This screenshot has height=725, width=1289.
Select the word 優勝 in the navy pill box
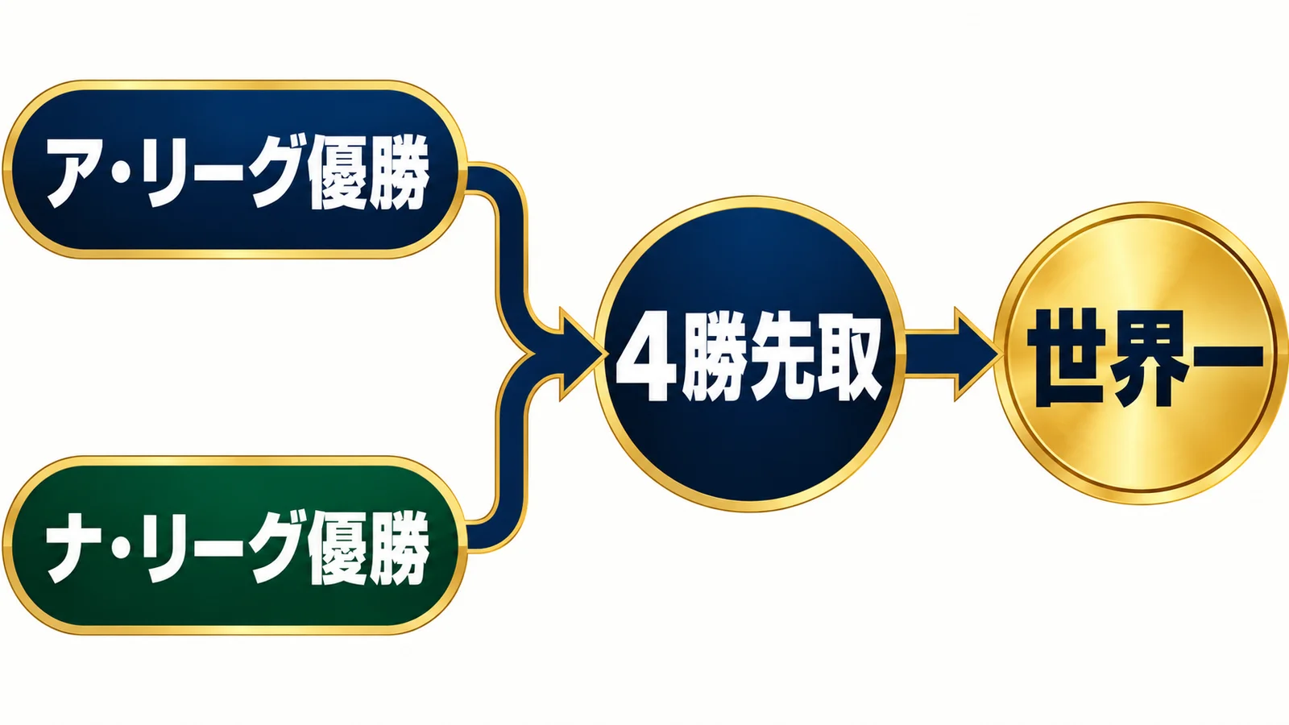(369, 172)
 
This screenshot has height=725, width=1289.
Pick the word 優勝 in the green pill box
(369, 549)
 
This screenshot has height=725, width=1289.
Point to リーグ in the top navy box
(222, 172)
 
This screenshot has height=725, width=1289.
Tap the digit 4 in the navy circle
(645, 358)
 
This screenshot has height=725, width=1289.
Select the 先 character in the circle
(781, 358)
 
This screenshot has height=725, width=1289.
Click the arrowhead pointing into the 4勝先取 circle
(580, 354)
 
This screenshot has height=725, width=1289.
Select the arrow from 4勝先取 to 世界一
(951, 354)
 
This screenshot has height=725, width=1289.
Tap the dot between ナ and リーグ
(122, 549)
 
